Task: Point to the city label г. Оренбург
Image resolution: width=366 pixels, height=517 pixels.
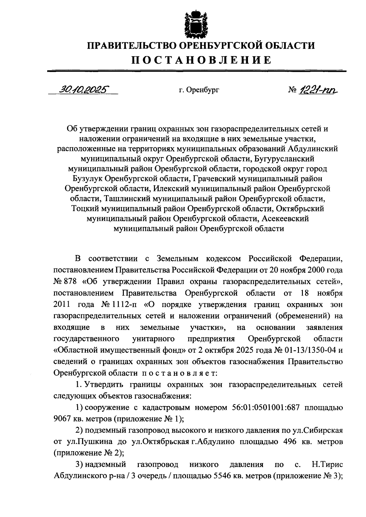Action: click(x=199, y=90)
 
